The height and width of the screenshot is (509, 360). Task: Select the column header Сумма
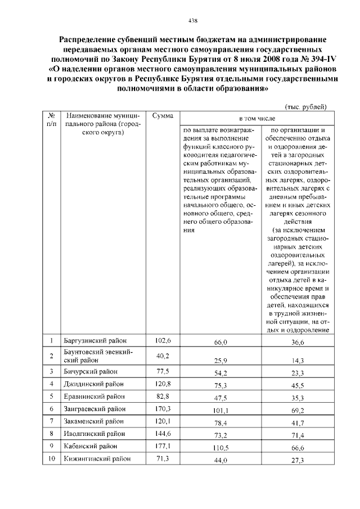[x=163, y=115]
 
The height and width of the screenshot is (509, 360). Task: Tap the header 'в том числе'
[x=256, y=119]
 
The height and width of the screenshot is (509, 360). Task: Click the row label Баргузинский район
[x=95, y=341]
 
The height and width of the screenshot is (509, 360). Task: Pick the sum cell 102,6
[x=163, y=341]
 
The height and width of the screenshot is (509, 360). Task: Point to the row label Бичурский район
[x=90, y=372]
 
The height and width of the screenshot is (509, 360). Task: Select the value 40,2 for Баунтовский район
[x=163, y=355]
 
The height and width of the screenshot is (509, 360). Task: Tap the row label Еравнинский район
[x=94, y=397]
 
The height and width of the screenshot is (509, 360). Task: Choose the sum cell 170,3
[x=163, y=408]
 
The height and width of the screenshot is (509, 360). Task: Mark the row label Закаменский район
[x=94, y=421]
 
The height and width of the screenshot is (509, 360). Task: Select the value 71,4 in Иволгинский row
[x=296, y=436]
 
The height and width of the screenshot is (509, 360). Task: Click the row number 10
[x=51, y=458]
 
